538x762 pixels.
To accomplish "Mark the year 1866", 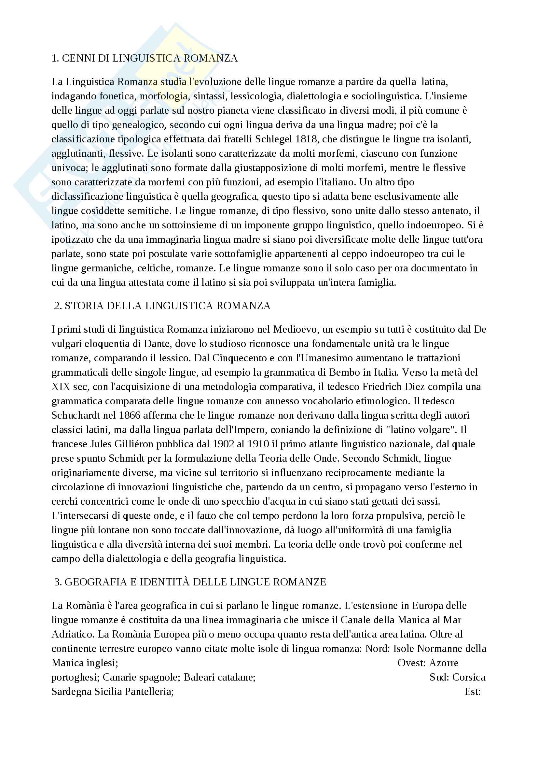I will click(131, 415).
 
